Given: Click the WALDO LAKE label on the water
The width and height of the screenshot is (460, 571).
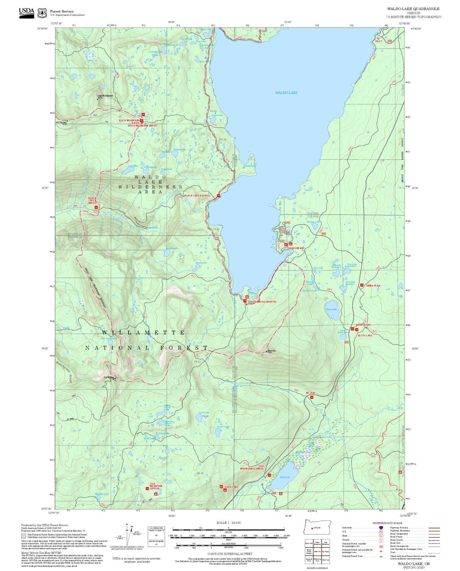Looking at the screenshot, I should tap(286, 93).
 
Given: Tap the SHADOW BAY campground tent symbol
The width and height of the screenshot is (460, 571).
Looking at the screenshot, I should tap(291, 244).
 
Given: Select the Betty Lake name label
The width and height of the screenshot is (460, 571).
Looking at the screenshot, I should tap(331, 309).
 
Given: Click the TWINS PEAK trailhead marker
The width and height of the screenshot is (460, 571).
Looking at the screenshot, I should tap(361, 285).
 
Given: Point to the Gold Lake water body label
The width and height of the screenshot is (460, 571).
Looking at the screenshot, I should tap(285, 477).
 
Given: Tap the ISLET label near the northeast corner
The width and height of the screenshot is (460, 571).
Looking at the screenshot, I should tap(378, 41).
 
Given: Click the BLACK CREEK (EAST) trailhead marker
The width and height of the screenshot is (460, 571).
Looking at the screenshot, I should tap(218, 196).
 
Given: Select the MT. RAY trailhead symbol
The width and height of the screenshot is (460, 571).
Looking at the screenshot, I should tap(312, 397).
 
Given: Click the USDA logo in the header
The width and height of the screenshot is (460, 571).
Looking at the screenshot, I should tap(26, 13).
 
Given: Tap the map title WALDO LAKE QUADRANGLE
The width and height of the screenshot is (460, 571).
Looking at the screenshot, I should tap(413, 9).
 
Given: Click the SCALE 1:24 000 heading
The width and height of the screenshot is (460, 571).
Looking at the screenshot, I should tap(228, 523).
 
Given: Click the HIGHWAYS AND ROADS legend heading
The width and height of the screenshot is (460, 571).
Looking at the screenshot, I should tap(387, 523).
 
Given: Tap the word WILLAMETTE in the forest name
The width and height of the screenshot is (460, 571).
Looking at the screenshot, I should tap(143, 333).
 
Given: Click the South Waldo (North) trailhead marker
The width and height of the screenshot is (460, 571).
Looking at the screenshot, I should tap(245, 301).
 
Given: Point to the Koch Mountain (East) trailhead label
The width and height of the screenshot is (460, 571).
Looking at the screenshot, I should tap(129, 122).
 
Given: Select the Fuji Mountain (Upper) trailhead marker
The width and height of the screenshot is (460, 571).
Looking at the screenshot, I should tap(147, 488).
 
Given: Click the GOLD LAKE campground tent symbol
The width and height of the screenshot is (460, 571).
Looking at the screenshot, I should tap(225, 490).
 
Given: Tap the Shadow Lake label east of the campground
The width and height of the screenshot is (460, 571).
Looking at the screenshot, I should tap(313, 222).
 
